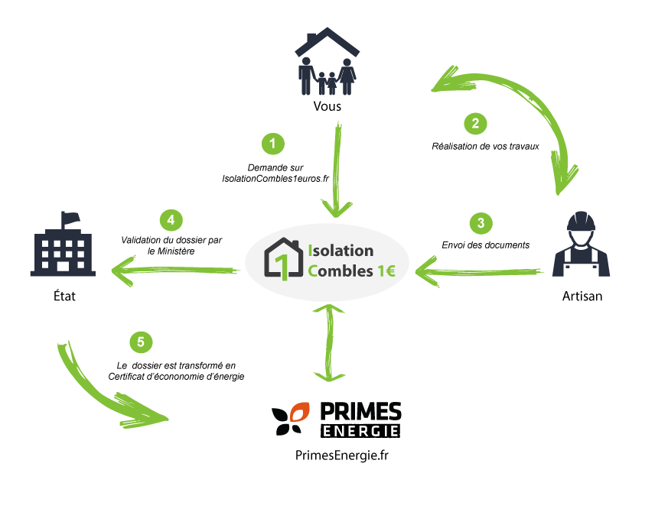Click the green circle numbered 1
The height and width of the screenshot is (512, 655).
pyautogui.click(x=272, y=144)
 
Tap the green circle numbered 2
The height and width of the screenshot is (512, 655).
pyautogui.click(x=475, y=124)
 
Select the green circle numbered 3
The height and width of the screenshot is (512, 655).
pyautogui.click(x=481, y=223)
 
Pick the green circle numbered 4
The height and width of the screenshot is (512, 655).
pyautogui.click(x=171, y=220)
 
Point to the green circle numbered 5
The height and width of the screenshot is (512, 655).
pyautogui.click(x=141, y=342)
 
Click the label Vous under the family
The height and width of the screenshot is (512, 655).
pyautogui.click(x=327, y=106)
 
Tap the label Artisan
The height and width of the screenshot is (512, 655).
pyautogui.click(x=582, y=296)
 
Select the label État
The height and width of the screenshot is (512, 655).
pyautogui.click(x=64, y=296)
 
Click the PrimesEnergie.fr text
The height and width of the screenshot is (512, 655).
pyautogui.click(x=342, y=455)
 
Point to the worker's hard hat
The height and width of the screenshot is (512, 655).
pyautogui.click(x=581, y=221)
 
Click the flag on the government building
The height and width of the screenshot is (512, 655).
pyautogui.click(x=70, y=218)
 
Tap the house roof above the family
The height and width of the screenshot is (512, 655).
pyautogui.click(x=327, y=42)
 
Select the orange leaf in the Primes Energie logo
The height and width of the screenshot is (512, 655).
pyautogui.click(x=299, y=412)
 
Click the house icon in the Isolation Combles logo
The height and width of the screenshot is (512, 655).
pyautogui.click(x=284, y=259)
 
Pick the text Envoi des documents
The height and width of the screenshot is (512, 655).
pyautogui.click(x=485, y=245)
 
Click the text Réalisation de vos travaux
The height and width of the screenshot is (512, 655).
pyautogui.click(x=485, y=146)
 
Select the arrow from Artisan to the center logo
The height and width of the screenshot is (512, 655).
pyautogui.click(x=480, y=271)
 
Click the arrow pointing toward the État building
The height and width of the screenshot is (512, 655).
pyautogui.click(x=175, y=271)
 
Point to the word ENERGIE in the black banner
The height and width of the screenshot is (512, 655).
pyautogui.click(x=360, y=431)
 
